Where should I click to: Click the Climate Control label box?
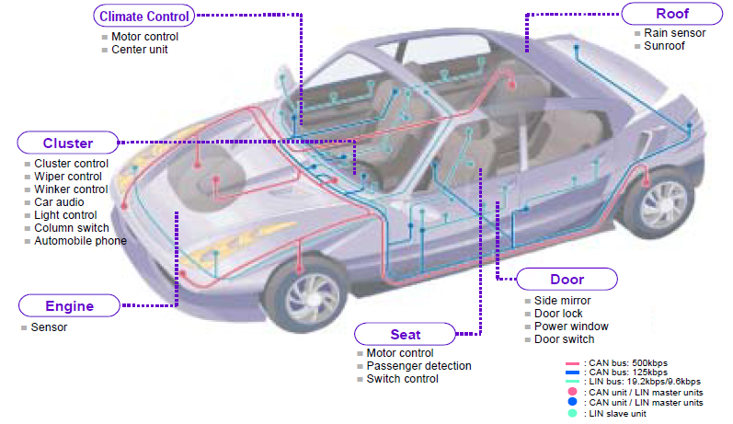143,16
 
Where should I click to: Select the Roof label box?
672,14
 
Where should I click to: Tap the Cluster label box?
68,143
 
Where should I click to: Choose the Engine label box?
69,306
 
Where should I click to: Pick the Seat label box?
405,335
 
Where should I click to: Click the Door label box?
567,280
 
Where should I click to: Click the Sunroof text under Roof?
665,46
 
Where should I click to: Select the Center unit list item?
139,50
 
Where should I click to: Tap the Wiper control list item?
68,177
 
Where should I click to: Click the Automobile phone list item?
80,241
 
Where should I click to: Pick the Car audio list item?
59,202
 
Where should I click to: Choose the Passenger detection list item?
418,366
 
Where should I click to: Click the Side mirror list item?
562,301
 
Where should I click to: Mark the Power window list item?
571,327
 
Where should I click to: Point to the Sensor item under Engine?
49,327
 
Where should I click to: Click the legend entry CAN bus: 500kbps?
643,364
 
